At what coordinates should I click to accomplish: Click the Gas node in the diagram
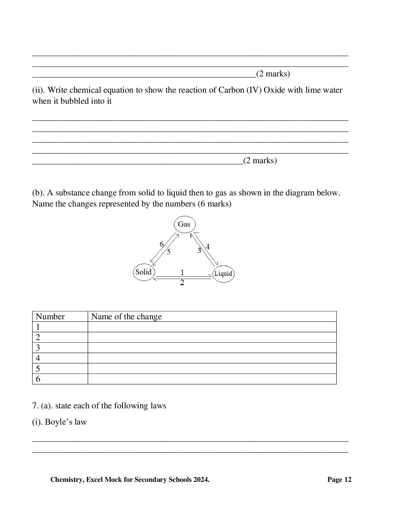pos(184,224)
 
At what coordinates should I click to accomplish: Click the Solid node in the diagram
pos(144,272)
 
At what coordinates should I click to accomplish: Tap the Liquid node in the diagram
pos(223,273)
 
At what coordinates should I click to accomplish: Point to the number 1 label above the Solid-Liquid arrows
pos(182,272)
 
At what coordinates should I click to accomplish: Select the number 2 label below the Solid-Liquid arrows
pos(182,283)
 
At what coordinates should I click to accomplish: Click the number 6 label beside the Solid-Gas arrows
pos(162,244)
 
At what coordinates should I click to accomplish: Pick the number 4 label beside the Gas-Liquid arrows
pos(208,246)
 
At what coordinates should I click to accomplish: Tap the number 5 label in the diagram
pos(168,251)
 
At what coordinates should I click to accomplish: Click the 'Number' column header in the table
pos(50,316)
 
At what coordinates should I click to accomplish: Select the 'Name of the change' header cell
pos(126,316)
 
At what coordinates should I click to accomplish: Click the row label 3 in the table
pos(38,348)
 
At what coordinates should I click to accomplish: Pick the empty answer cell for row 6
pos(212,379)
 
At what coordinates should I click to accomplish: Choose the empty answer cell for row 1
pos(212,327)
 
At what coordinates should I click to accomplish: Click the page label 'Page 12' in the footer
pos(339,480)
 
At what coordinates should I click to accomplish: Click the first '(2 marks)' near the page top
pos(273,74)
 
